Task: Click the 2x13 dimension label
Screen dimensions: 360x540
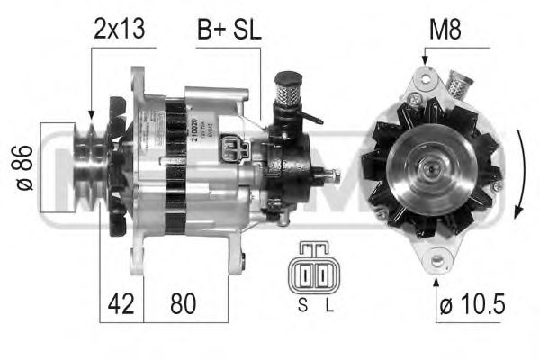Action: tap(119, 30)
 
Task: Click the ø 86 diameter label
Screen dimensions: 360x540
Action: tap(25, 167)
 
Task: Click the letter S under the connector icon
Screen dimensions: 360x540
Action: tap(302, 304)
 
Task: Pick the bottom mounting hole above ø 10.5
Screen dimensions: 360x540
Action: tap(438, 262)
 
